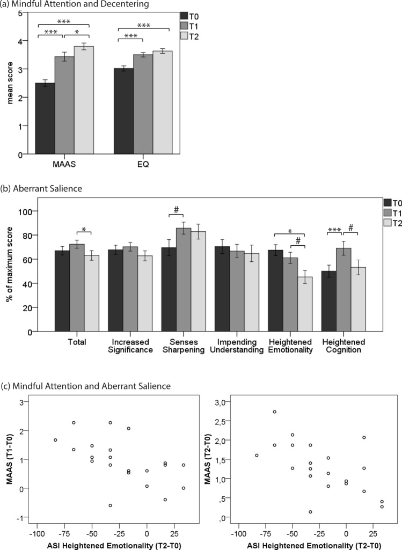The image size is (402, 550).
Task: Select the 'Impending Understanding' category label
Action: [x=229, y=347]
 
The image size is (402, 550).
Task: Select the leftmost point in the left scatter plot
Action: [x=55, y=440]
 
